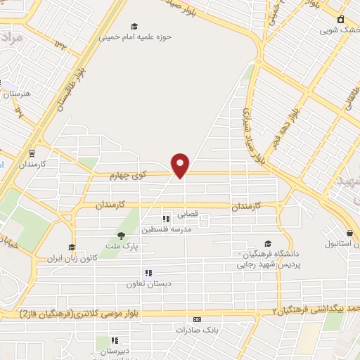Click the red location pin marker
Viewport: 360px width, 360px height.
point(181,165)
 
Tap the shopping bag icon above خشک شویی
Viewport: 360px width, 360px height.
point(341,18)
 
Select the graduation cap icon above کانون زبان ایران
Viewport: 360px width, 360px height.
point(70,247)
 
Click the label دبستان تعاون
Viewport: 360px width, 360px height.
point(145,284)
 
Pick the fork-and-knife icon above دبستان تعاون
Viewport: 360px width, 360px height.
point(148,273)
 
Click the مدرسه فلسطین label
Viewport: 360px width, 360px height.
point(162,229)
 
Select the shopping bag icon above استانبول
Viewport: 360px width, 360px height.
point(349,233)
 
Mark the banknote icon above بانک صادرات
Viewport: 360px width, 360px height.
point(197,319)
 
